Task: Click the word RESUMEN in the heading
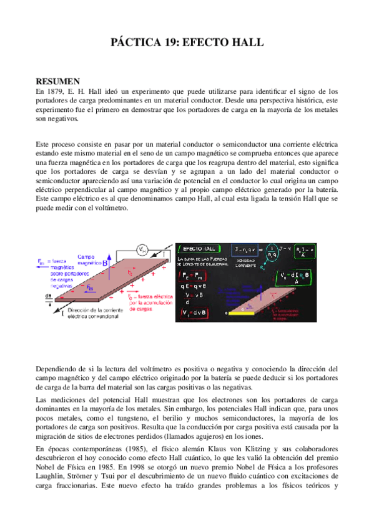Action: coord(58,81)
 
